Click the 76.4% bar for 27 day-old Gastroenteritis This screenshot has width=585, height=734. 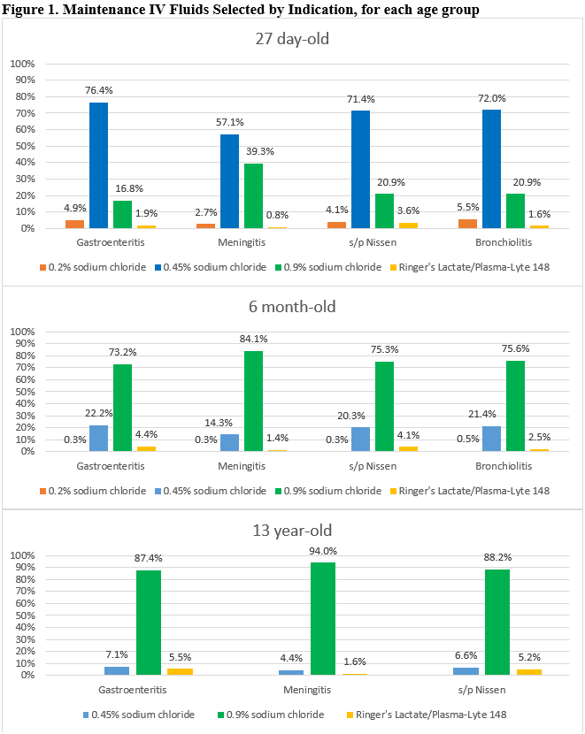[98, 165]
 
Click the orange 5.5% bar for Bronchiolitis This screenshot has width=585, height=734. [469, 224]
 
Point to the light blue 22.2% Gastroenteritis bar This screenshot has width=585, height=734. [98, 439]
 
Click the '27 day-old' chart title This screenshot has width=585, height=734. [293, 39]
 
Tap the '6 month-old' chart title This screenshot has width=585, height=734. [293, 308]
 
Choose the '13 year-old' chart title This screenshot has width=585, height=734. [293, 531]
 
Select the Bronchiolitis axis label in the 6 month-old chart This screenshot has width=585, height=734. [502, 465]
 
